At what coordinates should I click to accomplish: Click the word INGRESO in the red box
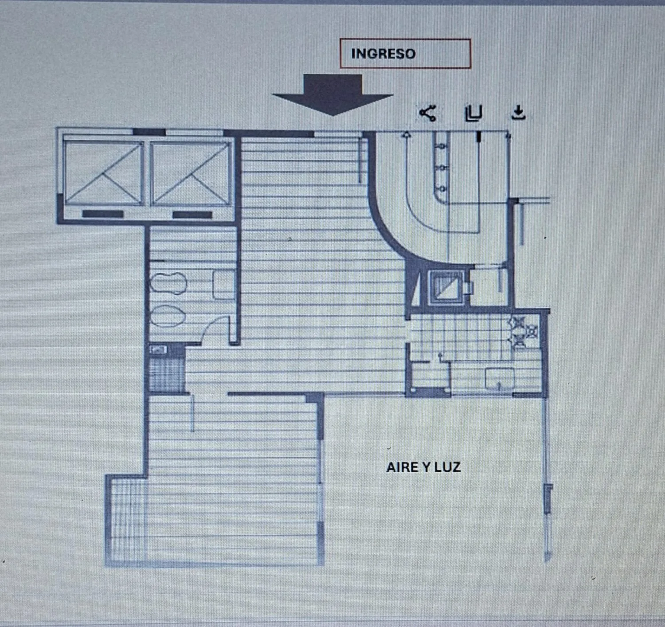tap(383, 54)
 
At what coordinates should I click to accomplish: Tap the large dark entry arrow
tap(332, 95)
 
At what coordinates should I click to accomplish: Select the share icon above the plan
tap(428, 113)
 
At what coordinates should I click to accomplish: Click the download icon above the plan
tap(518, 113)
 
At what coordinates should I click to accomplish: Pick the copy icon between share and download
tap(473, 113)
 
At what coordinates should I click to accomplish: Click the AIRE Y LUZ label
tap(423, 467)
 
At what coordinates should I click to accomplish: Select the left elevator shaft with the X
tap(103, 173)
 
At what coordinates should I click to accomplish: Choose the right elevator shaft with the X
tap(191, 173)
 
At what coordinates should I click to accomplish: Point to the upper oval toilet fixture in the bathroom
tap(168, 283)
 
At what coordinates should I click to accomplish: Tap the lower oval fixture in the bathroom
tap(168, 316)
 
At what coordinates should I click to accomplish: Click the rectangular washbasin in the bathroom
tap(224, 286)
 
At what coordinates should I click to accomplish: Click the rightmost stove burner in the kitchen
tap(532, 331)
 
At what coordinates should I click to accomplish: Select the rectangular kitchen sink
tap(500, 379)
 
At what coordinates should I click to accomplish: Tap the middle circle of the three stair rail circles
tap(442, 167)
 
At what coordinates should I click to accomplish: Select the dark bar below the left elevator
tap(103, 214)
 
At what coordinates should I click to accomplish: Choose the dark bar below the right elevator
tap(192, 215)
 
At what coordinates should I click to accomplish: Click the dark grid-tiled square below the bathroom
tap(166, 374)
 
